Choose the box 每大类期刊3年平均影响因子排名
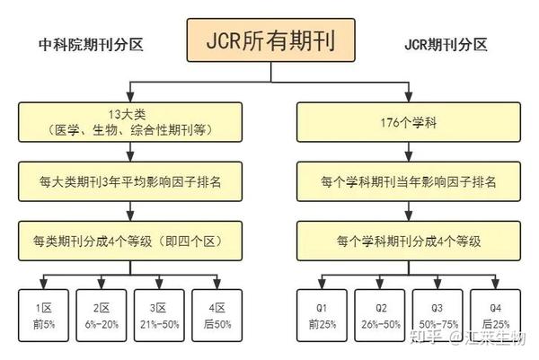pos(131,181)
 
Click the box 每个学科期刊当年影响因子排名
pos(409,181)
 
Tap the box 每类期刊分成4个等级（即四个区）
pos(131,241)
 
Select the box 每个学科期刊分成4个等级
pos(409,241)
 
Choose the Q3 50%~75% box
pos(437,315)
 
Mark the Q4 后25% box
pos(495,315)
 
